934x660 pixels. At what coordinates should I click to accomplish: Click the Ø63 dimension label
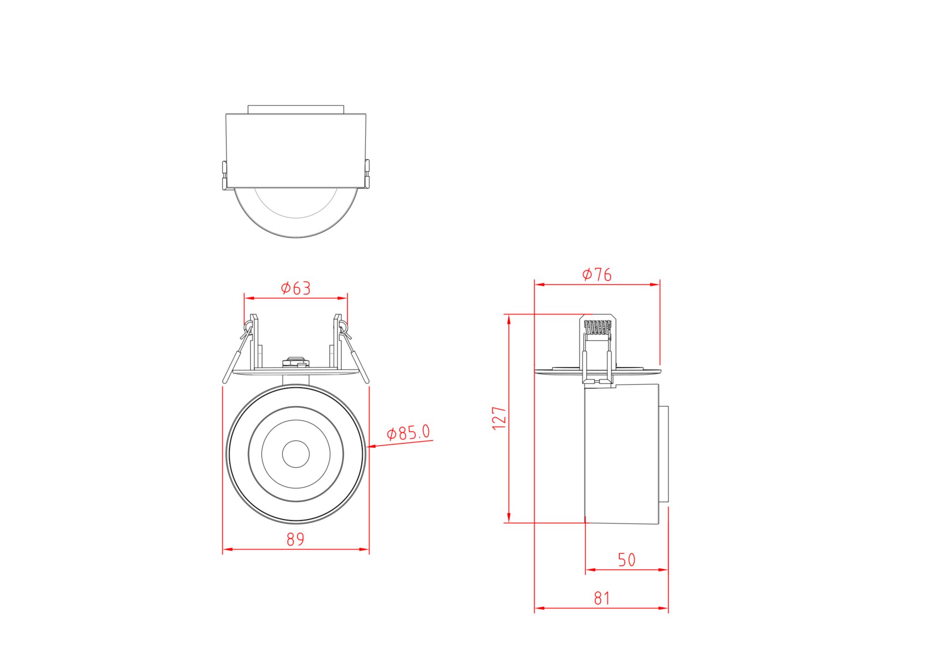pyautogui.click(x=296, y=288)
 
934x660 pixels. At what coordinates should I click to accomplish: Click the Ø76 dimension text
pyautogui.click(x=597, y=274)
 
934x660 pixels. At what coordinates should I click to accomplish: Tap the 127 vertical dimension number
pyautogui.click(x=499, y=418)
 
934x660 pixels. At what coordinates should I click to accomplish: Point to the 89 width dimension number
pyautogui.click(x=295, y=540)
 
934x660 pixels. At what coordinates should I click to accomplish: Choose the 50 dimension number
pyautogui.click(x=627, y=560)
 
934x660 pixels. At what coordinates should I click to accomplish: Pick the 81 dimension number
pyautogui.click(x=601, y=598)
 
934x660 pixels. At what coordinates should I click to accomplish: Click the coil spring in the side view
pyautogui.click(x=597, y=328)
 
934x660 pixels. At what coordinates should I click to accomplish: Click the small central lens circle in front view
pyautogui.click(x=296, y=453)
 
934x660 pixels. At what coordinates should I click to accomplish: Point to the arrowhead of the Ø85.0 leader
pyautogui.click(x=371, y=447)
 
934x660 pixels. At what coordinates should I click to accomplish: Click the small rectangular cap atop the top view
pyautogui.click(x=296, y=109)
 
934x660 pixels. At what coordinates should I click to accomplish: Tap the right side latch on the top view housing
pyautogui.click(x=367, y=174)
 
